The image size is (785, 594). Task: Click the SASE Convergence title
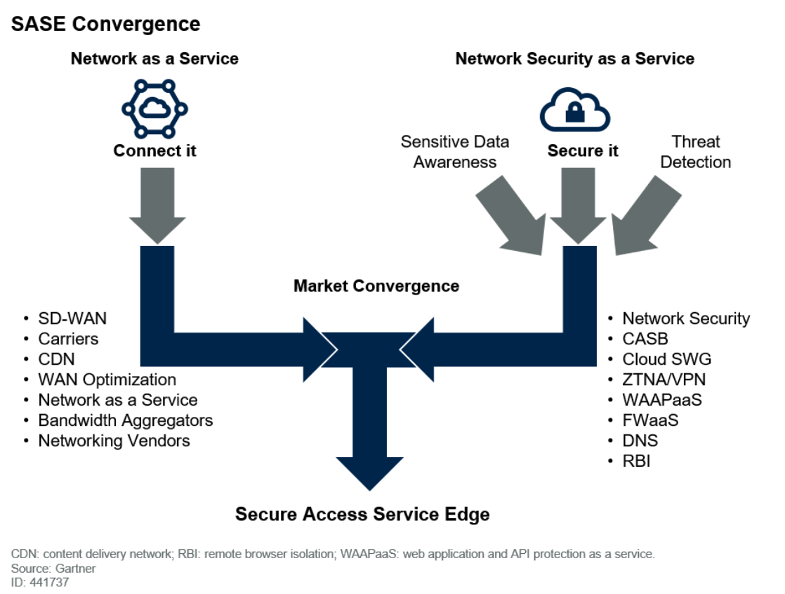106,23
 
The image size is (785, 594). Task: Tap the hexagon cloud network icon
155,109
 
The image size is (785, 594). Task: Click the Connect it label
155,151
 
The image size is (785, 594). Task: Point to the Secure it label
583,151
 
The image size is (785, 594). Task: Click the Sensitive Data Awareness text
455,152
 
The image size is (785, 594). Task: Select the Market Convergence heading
376,286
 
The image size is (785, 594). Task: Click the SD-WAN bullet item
72,318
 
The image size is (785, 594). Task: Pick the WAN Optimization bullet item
107,380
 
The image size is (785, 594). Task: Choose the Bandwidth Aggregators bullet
125,420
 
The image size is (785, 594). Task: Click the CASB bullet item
645,339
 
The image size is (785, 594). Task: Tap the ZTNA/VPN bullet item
664,380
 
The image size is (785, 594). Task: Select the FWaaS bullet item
650,420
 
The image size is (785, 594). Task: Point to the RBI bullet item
636,461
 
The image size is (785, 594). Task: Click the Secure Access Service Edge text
362,515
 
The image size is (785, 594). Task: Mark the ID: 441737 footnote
40,582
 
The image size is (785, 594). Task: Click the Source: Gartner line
53,568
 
